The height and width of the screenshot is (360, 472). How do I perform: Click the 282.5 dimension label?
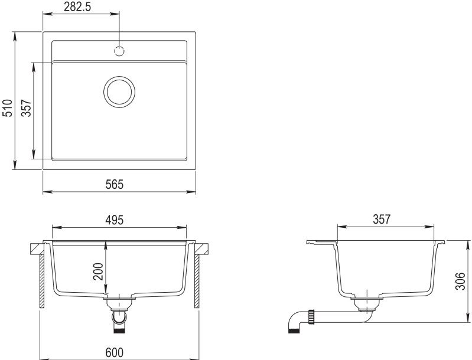77,6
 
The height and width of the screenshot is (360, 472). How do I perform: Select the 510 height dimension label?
7,108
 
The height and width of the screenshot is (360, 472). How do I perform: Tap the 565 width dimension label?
115,184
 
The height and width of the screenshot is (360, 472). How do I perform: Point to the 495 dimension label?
115,220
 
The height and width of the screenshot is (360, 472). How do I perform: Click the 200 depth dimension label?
98,271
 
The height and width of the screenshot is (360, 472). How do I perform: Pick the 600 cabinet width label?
115,352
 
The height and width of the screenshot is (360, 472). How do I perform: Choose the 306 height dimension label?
460,281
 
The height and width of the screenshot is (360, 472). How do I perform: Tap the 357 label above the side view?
382,220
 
